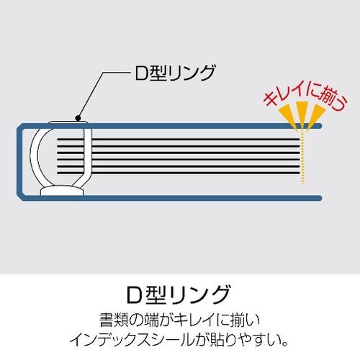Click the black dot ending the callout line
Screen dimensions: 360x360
78,118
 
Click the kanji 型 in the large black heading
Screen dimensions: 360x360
156,294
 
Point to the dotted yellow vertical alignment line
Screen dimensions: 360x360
302,157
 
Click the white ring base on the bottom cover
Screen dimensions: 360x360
62,190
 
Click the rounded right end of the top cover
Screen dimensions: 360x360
319,126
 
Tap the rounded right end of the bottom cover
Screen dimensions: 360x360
319,198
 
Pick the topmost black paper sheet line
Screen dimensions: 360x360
179,139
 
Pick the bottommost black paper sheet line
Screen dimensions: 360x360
179,173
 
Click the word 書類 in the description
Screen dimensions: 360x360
112,320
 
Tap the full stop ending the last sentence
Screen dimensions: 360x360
285,343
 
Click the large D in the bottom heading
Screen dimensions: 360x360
135,294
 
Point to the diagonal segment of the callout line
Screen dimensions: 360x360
91,95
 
